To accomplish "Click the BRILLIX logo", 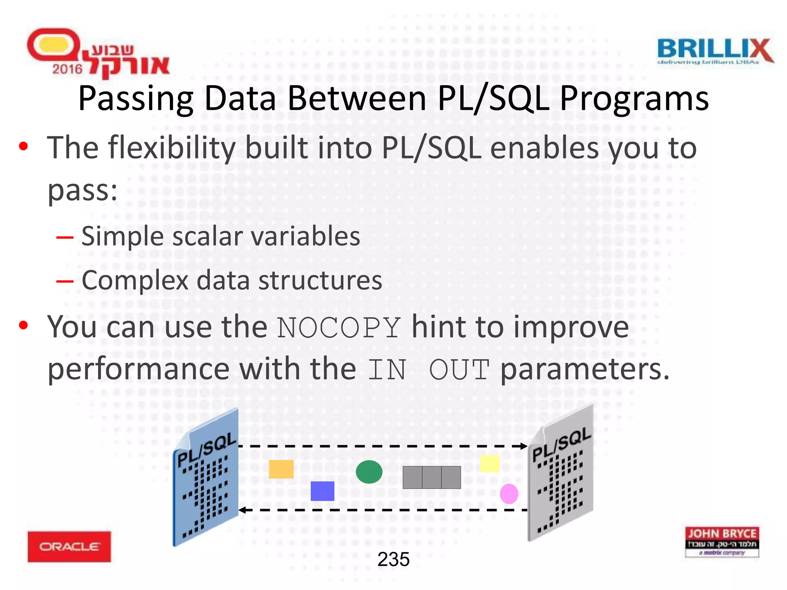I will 715,51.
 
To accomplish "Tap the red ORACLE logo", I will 69,546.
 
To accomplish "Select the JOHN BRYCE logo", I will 722,542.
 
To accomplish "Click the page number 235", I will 393,559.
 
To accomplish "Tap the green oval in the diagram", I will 369,472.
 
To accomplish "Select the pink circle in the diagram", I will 509,494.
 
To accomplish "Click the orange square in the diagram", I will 281,469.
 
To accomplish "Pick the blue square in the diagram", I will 322,491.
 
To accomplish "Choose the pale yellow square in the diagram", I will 490,464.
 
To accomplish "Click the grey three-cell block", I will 432,477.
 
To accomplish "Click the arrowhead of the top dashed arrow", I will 524,446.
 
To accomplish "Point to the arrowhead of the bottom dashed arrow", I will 242,510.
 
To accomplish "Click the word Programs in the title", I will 634,99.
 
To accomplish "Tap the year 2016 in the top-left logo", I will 67,69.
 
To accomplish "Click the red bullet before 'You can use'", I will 23,325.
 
